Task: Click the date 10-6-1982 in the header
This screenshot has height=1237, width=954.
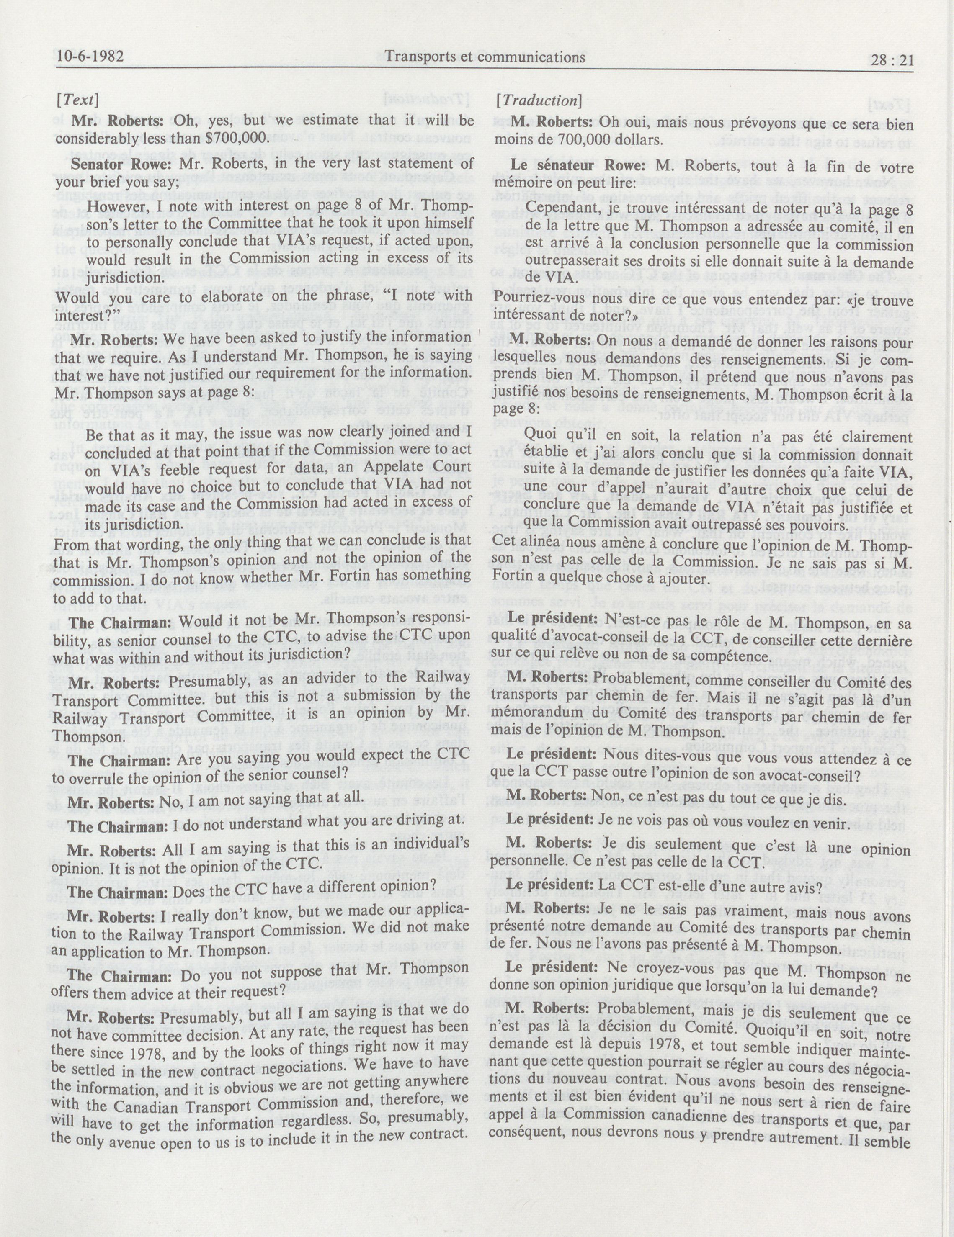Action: click(x=90, y=57)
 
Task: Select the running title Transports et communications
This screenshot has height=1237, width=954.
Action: click(x=485, y=56)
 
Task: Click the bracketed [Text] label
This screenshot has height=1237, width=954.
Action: click(x=77, y=100)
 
